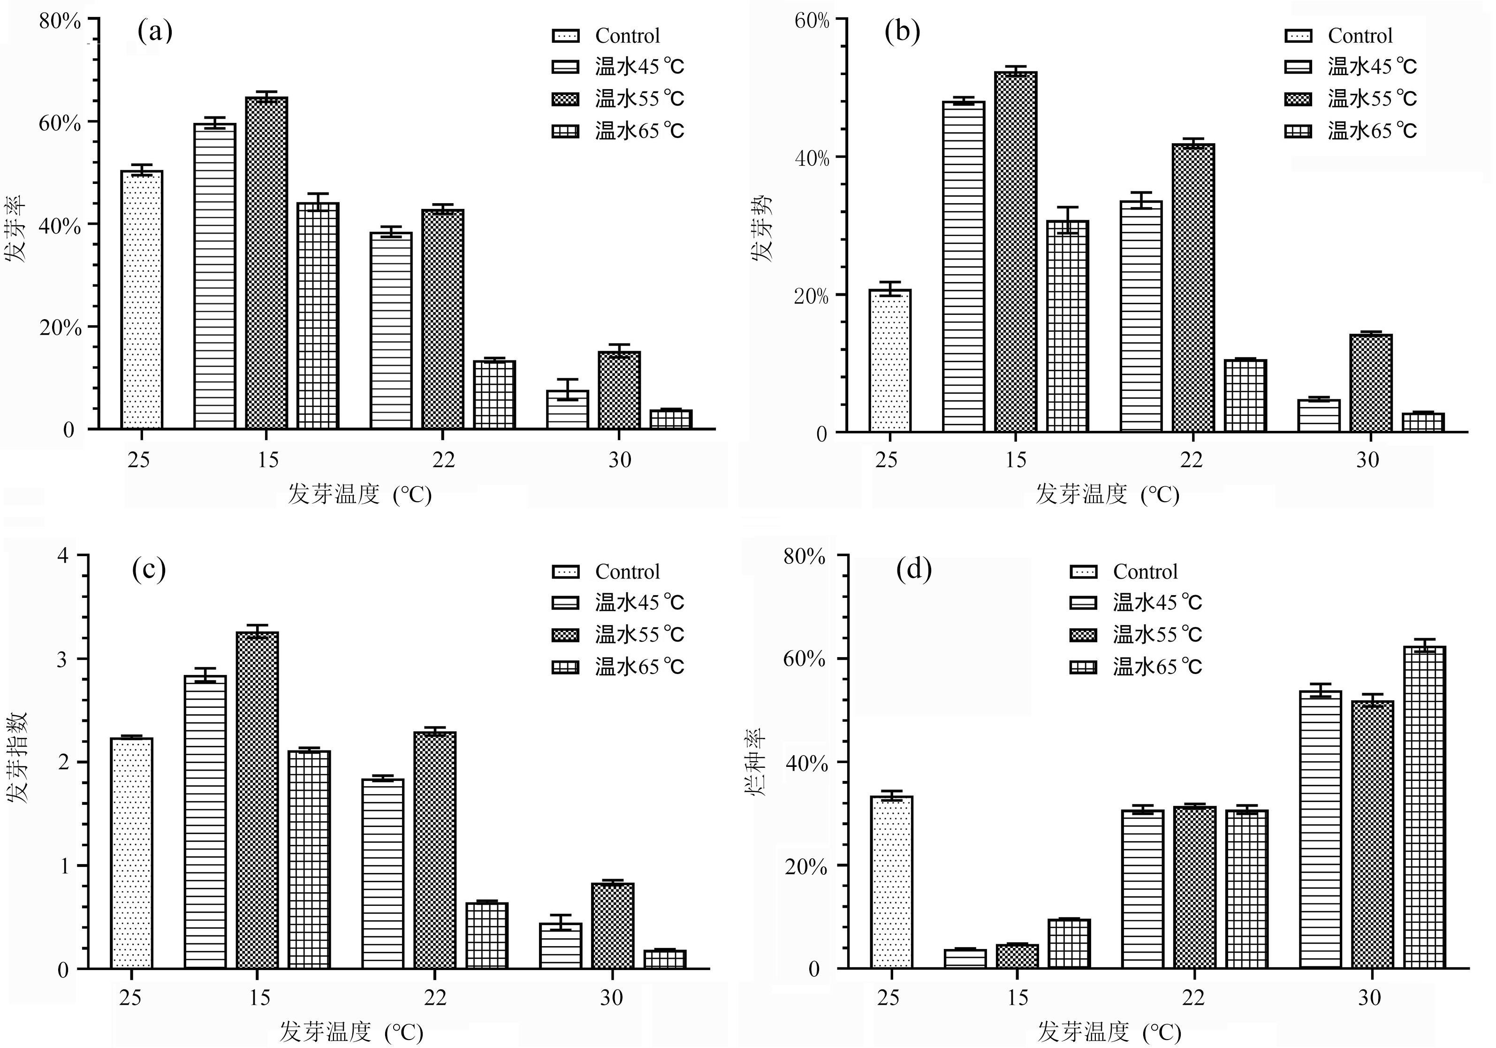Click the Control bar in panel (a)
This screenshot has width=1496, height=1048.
tap(141, 300)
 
